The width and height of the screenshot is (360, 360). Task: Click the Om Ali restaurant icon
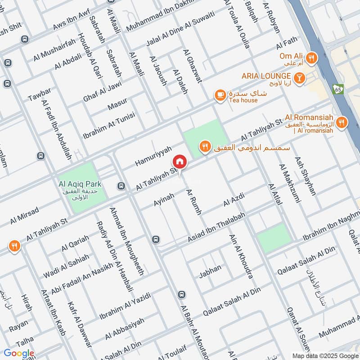pyautogui.click(x=311, y=58)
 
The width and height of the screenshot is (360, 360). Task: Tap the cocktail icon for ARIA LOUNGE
pyautogui.click(x=300, y=77)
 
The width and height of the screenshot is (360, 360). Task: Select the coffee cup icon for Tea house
pyautogui.click(x=220, y=95)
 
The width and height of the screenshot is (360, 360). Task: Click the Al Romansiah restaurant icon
pyautogui.click(x=342, y=122)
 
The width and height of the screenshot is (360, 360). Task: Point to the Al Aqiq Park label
pyautogui.click(x=80, y=184)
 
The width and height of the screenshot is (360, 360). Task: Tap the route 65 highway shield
pyautogui.click(x=338, y=89)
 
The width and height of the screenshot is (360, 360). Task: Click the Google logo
pyautogui.click(x=19, y=353)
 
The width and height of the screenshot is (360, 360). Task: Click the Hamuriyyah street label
pyautogui.click(x=153, y=156)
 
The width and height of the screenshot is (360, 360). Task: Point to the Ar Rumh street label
pyautogui.click(x=194, y=202)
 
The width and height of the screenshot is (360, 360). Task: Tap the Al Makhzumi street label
pyautogui.click(x=289, y=184)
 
